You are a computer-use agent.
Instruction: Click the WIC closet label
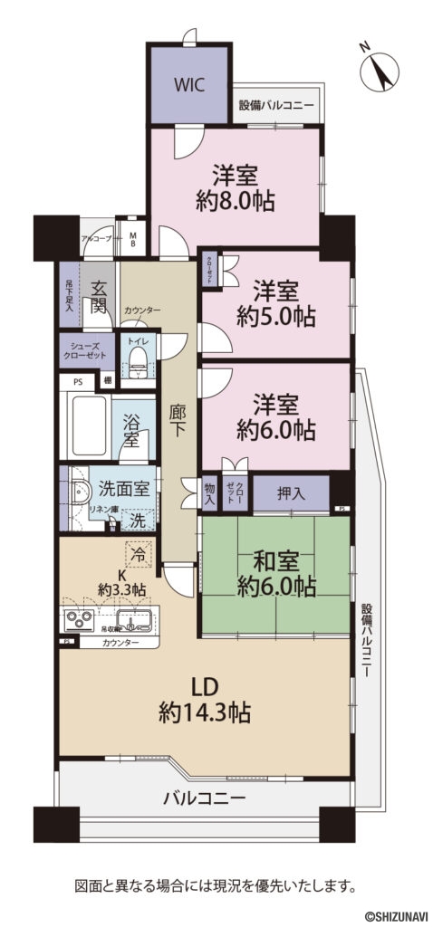pos(189,85)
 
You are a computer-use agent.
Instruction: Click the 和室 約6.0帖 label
pos(275,574)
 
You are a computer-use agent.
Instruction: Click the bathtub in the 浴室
pos(88,425)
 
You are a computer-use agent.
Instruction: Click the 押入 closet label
pos(291,493)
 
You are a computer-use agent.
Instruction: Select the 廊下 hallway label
pos(178,421)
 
